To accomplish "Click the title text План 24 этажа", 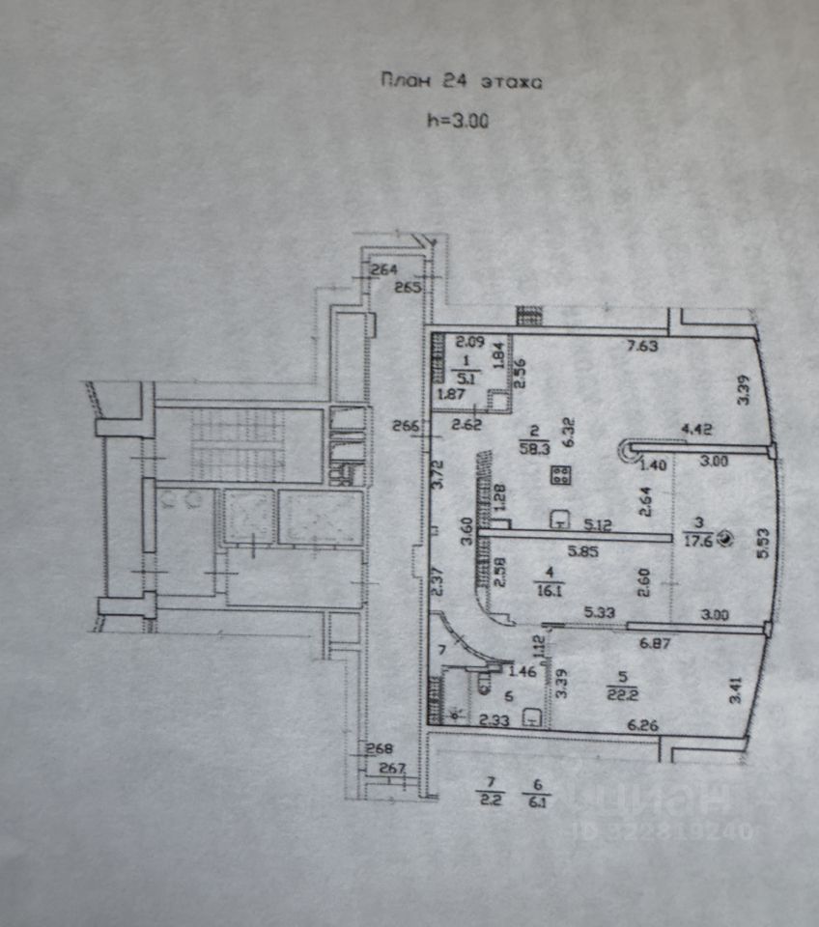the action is click(462, 82).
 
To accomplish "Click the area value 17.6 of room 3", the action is click(696, 542).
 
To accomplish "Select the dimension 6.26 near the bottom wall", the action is click(643, 725).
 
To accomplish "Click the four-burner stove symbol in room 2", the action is click(560, 475).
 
